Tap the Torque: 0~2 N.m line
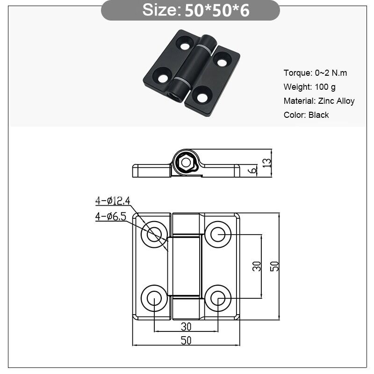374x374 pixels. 315,72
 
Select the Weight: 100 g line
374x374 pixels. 309,86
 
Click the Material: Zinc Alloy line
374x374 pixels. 319,101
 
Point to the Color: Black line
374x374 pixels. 306,115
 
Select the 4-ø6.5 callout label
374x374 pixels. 111,216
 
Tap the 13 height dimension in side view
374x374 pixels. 266,163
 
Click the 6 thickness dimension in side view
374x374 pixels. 253,171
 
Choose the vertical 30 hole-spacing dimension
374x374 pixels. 257,266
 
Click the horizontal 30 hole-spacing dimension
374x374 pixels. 186,326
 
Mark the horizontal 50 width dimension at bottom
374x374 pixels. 186,340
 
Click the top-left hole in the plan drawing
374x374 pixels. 154,234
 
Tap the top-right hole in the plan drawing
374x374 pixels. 217,234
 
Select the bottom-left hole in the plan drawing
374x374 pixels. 154,298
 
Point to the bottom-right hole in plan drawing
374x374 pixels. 217,298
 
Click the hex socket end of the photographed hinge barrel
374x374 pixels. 176,94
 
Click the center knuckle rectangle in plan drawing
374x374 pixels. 186,266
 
